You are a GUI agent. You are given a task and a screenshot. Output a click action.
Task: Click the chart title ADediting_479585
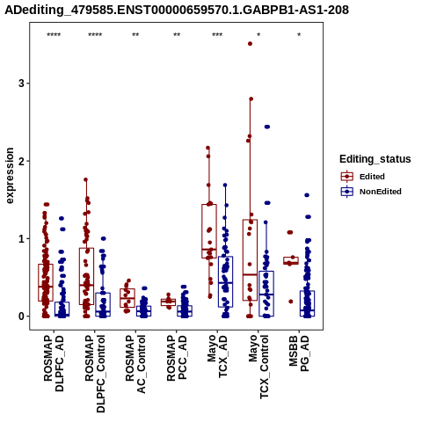coord(178,11)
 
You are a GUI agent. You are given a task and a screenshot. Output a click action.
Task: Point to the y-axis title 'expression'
coord(10,176)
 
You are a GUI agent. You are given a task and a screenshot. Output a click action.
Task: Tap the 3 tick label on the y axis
coord(21,84)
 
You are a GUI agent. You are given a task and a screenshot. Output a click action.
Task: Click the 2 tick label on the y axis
coord(21,161)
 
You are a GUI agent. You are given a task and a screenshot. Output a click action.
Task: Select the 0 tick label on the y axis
coord(21,316)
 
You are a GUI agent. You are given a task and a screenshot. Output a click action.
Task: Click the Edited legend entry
coord(372,177)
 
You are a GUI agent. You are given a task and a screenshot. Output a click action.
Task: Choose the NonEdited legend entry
coord(381,192)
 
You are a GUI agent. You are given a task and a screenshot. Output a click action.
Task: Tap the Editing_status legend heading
coord(375,159)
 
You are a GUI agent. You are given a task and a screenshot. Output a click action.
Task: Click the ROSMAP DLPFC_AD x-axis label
coord(54,364)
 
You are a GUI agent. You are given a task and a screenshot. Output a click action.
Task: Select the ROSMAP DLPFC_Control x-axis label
coord(95,374)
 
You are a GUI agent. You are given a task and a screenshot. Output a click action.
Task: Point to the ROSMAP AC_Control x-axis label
coord(135,364)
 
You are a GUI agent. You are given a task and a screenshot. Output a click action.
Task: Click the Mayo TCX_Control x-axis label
coord(258,367)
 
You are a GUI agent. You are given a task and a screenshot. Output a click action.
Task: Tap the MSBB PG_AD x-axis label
coord(299,353)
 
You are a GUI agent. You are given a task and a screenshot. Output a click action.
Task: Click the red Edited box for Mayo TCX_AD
coord(209,231)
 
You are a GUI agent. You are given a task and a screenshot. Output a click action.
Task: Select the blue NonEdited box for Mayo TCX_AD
coord(225,281)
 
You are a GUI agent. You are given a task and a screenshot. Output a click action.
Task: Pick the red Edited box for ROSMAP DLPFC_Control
coord(86,276)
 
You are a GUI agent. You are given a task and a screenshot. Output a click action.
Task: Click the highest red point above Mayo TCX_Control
coord(250,44)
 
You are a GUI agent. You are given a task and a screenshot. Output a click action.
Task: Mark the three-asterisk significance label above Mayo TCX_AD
coord(217,35)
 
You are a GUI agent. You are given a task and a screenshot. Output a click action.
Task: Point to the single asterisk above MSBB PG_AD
coord(299,35)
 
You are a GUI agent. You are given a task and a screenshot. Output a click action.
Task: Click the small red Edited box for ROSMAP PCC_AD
coord(168,302)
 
